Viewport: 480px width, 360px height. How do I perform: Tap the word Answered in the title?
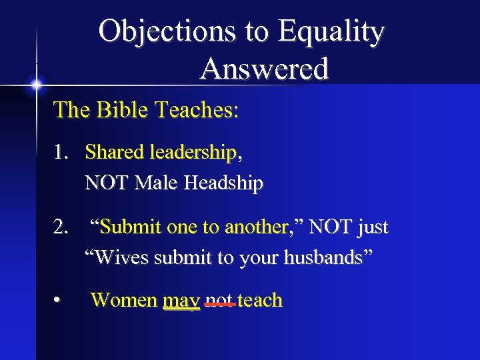[264, 69]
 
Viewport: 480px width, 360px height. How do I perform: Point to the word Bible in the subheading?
[123, 109]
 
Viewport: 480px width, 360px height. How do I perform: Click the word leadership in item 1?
[195, 153]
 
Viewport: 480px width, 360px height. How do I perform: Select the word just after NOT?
[373, 227]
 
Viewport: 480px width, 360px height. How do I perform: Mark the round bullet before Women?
[59, 301]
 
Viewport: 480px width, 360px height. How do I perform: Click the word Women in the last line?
[124, 301]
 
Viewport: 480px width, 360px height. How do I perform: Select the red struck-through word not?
[219, 301]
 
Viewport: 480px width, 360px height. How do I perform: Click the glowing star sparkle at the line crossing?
[35, 85]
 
